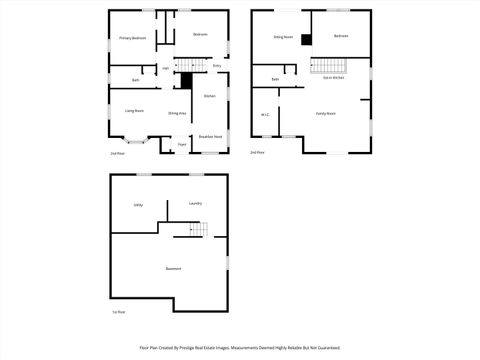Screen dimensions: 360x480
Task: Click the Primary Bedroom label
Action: pyautogui.click(x=133, y=38)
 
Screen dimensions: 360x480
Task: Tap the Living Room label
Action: pyautogui.click(x=134, y=110)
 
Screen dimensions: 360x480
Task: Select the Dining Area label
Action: pyautogui.click(x=178, y=114)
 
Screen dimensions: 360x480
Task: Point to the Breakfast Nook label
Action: pyautogui.click(x=210, y=136)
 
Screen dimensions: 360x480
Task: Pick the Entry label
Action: pyautogui.click(x=217, y=66)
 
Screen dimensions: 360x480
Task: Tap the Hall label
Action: pyautogui.click(x=166, y=68)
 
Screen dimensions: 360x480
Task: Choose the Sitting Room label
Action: pyautogui.click(x=283, y=37)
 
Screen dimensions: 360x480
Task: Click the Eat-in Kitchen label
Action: pyautogui.click(x=333, y=90)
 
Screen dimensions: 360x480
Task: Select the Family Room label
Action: pyautogui.click(x=326, y=114)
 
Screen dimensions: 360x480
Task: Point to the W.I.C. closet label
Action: pyautogui.click(x=265, y=115)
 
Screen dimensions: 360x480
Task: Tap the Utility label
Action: pyautogui.click(x=138, y=205)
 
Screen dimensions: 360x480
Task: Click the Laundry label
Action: pyautogui.click(x=195, y=204)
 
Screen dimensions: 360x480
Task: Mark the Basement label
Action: pyautogui.click(x=173, y=270)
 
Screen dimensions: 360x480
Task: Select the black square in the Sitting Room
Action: pyautogui.click(x=307, y=40)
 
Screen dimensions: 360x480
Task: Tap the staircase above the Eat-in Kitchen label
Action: pyautogui.click(x=328, y=66)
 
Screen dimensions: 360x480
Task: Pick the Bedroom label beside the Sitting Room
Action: pyautogui.click(x=341, y=36)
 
